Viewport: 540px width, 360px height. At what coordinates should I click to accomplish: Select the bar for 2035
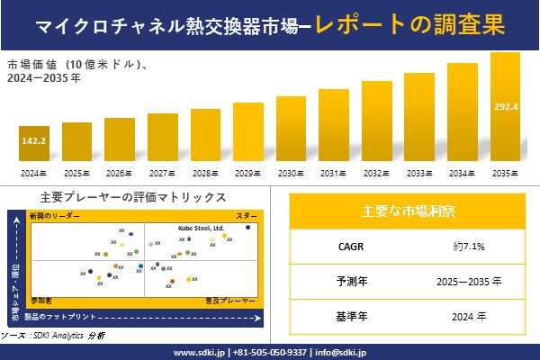point(505,108)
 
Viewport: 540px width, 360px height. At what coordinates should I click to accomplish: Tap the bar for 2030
point(291,130)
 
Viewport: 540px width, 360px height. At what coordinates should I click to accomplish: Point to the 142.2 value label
point(33,142)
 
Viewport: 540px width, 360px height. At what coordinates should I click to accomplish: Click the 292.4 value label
point(506,107)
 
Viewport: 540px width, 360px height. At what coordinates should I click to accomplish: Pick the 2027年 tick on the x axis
point(162,173)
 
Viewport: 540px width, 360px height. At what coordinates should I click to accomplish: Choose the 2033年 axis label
point(419,173)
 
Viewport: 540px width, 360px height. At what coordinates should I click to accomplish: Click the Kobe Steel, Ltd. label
point(201,228)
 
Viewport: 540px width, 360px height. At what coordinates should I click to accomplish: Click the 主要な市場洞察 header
point(408,211)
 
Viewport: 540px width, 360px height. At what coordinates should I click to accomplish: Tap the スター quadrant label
point(247,217)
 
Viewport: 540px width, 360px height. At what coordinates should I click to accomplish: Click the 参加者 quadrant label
point(41,298)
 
